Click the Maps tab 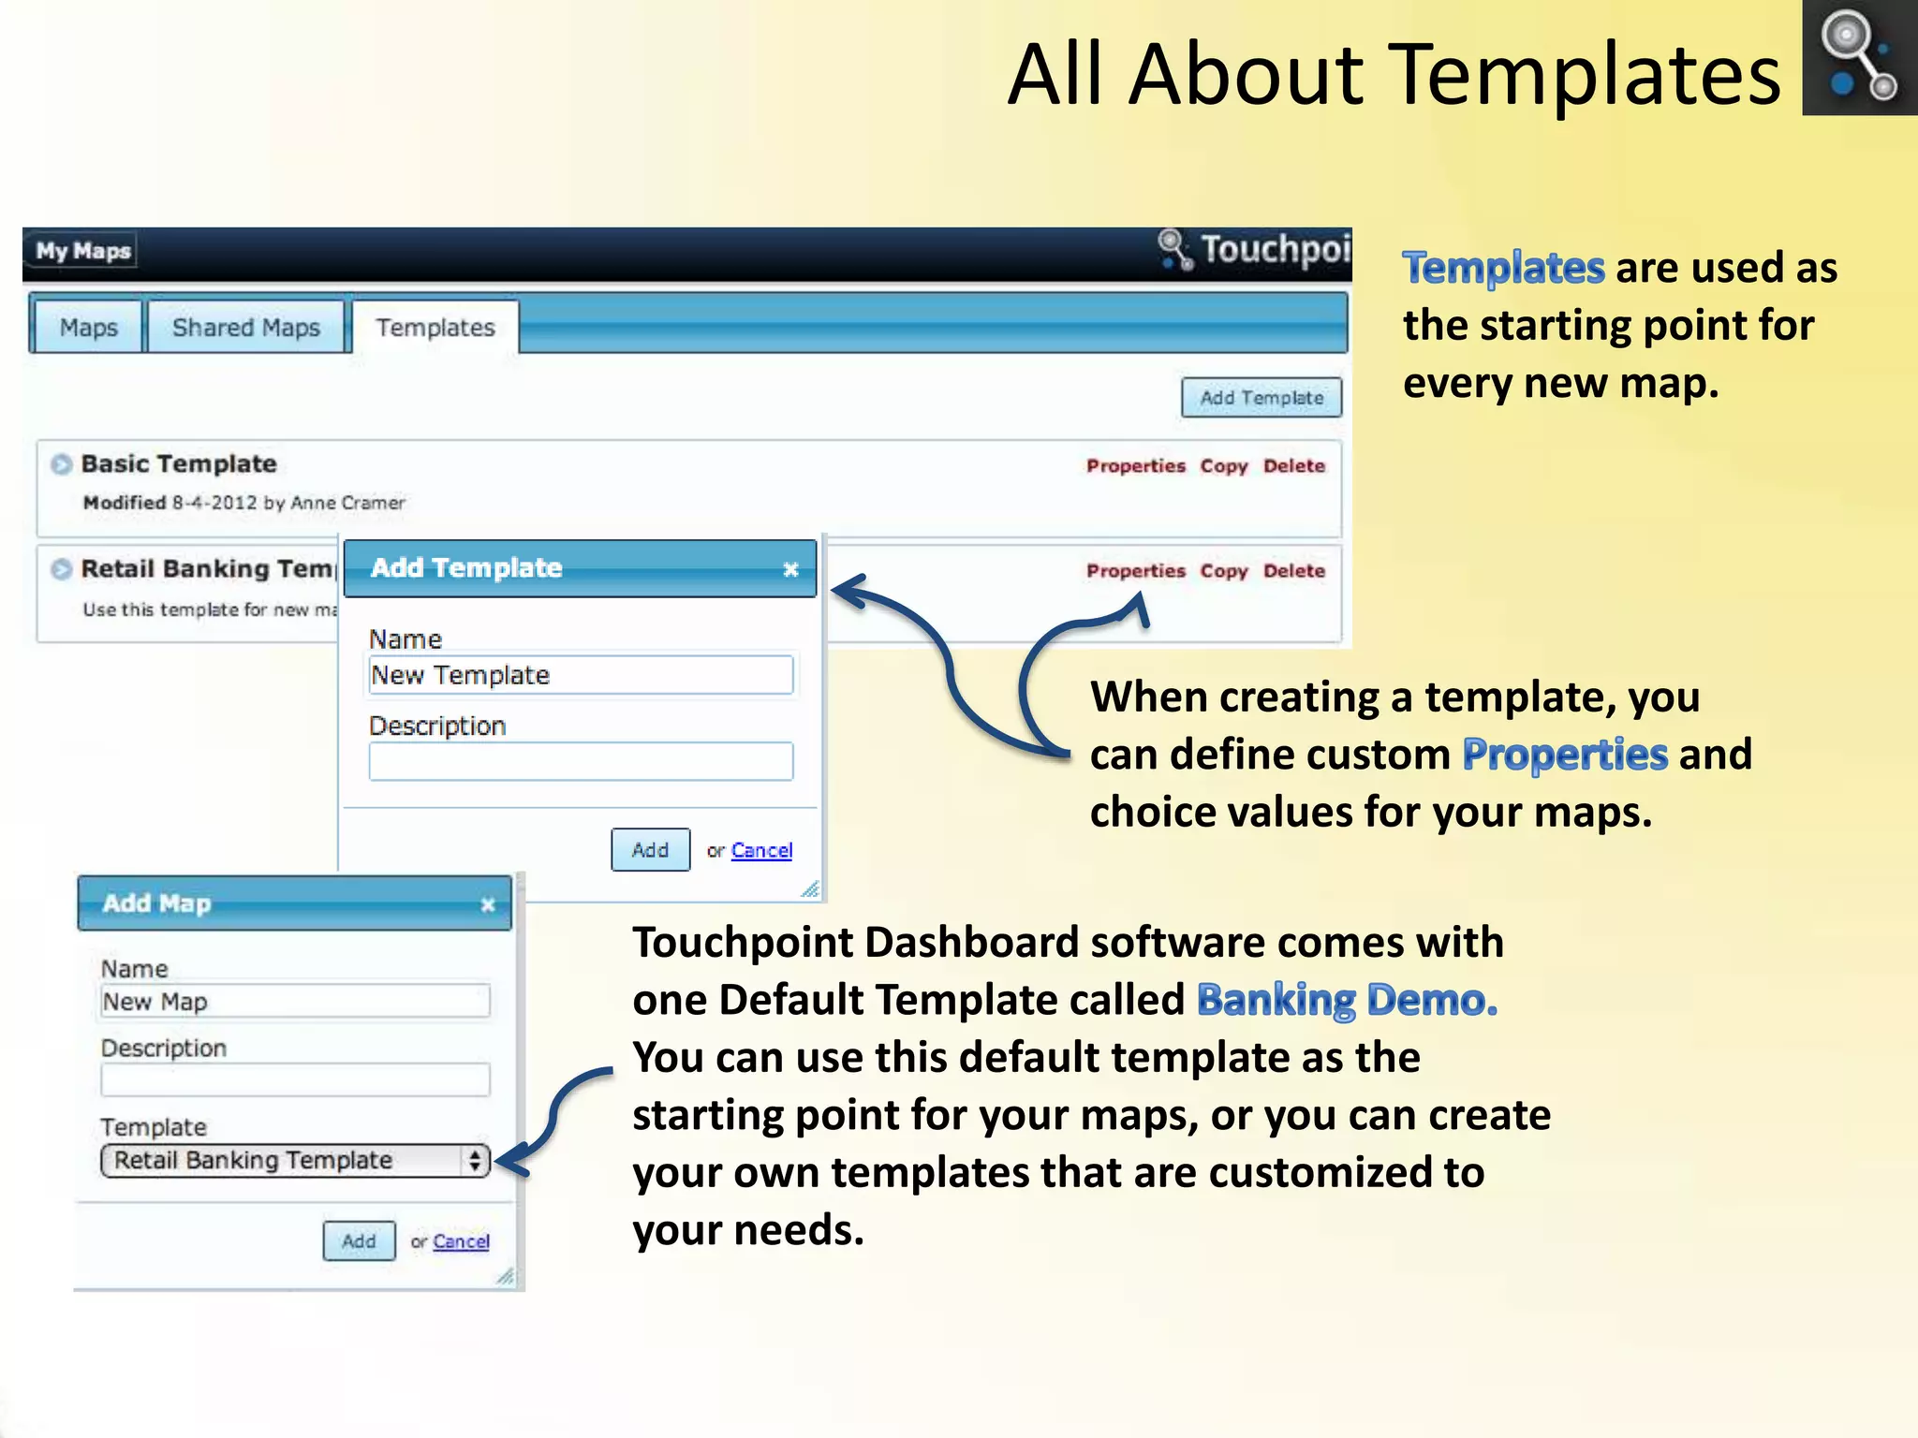click(x=88, y=328)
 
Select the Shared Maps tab click(x=246, y=328)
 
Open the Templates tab click(x=435, y=328)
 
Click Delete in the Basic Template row click(x=1294, y=466)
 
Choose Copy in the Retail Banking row click(x=1224, y=571)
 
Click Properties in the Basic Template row click(x=1135, y=466)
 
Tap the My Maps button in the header click(x=83, y=251)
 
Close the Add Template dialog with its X click(x=790, y=569)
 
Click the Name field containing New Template click(x=581, y=675)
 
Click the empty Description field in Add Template click(x=581, y=761)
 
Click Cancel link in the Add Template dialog click(x=761, y=850)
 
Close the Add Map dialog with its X click(x=488, y=904)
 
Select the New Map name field click(x=295, y=1002)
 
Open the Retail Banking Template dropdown click(x=295, y=1161)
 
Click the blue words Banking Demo click(x=1347, y=1000)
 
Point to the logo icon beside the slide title click(x=1859, y=58)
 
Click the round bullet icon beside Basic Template click(x=62, y=464)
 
